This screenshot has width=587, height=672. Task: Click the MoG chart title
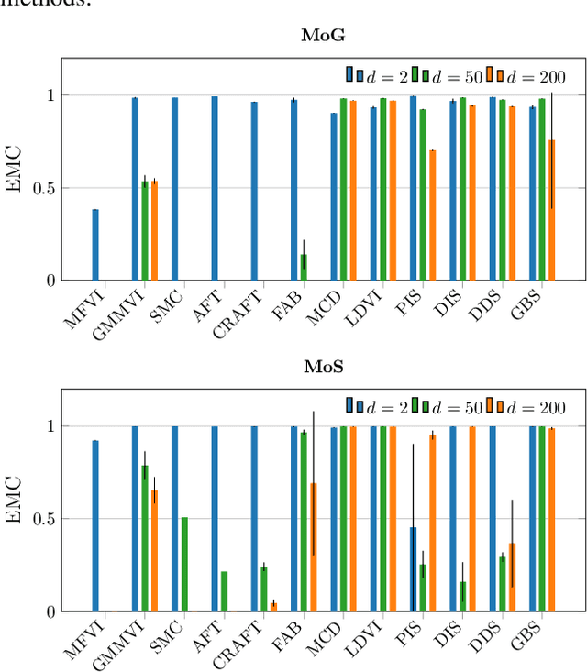(x=318, y=36)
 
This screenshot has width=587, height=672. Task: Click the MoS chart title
(x=318, y=367)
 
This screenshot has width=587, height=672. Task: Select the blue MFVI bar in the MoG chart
(x=95, y=245)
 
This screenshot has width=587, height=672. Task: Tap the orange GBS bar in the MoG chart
(x=551, y=210)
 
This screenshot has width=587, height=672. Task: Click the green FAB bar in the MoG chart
(x=304, y=267)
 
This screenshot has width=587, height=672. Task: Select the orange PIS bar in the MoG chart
(x=432, y=215)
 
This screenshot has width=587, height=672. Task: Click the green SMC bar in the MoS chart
(x=184, y=564)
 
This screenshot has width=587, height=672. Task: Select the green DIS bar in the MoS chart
(x=462, y=596)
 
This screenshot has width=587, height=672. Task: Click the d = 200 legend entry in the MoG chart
(x=526, y=75)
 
